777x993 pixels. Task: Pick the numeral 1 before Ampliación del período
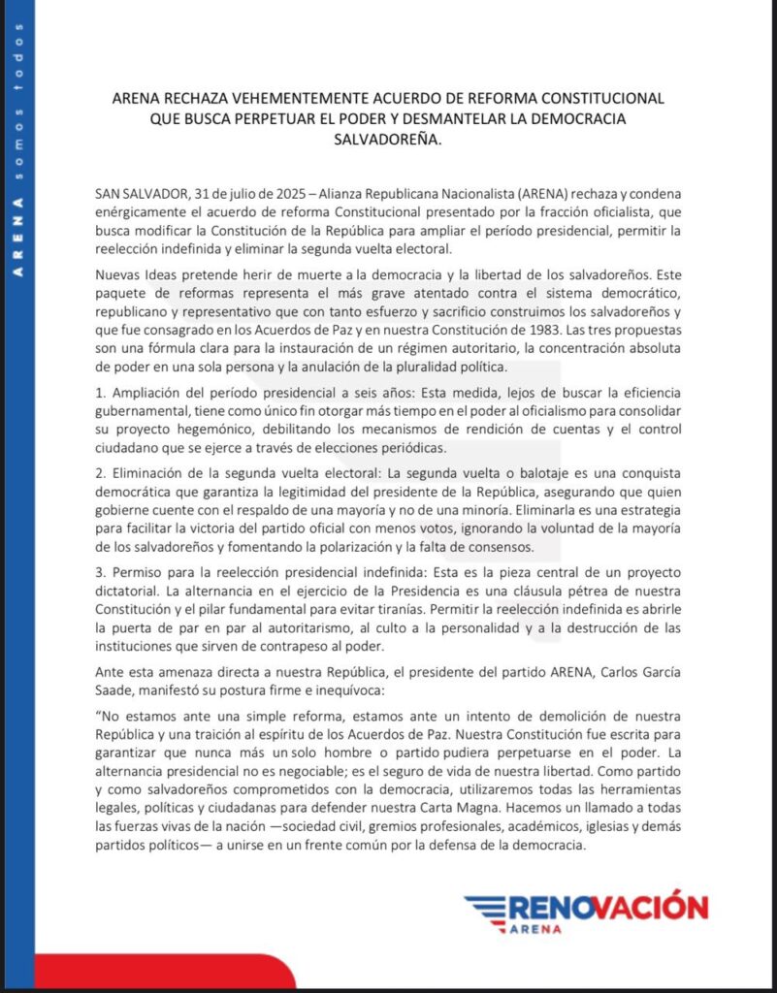pos(113,392)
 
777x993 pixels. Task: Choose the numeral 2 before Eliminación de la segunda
pos(113,473)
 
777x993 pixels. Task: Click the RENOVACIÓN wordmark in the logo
pos(608,908)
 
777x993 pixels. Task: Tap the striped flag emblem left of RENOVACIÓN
pos(484,909)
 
